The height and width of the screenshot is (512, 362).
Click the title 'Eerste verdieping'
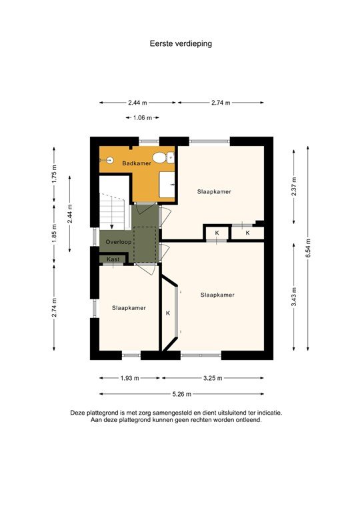pyautogui.click(x=181, y=43)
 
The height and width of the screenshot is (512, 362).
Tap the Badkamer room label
pyautogui.click(x=137, y=163)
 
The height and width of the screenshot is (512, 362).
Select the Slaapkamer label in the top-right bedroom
pyautogui.click(x=214, y=191)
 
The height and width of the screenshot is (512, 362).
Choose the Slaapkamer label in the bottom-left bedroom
pyautogui.click(x=129, y=308)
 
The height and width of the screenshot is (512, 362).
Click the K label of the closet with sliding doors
pyautogui.click(x=168, y=313)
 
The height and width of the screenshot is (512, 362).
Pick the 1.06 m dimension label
pyautogui.click(x=142, y=118)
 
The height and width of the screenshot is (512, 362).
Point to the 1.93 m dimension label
pyautogui.click(x=129, y=378)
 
